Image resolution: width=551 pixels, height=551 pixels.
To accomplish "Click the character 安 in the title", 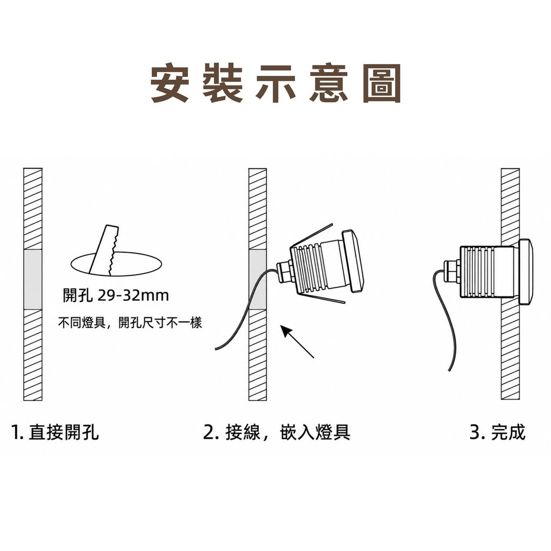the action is pyautogui.click(x=170, y=83).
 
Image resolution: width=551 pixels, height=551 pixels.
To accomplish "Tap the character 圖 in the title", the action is pyautogui.click(x=382, y=83).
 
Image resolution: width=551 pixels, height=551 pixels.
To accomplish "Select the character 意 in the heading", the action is pyautogui.click(x=329, y=83).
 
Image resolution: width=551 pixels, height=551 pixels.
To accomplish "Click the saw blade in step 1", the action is pyautogui.click(x=104, y=250).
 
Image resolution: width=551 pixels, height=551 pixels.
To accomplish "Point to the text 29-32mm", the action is pyautogui.click(x=133, y=295).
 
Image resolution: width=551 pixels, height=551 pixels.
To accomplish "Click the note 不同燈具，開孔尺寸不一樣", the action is pyautogui.click(x=130, y=322).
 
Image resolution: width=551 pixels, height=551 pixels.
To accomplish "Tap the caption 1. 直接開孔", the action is pyautogui.click(x=55, y=432).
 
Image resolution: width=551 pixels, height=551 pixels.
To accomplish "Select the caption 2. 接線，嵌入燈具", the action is pyautogui.click(x=277, y=432).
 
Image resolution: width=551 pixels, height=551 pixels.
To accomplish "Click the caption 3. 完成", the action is pyautogui.click(x=498, y=432).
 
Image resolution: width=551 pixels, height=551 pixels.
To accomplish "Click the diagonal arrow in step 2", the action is pyautogui.click(x=297, y=342).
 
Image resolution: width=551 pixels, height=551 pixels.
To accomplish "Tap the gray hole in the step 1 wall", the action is pyautogui.click(x=33, y=279).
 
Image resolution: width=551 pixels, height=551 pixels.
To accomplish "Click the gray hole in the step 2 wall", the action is pyautogui.click(x=258, y=279).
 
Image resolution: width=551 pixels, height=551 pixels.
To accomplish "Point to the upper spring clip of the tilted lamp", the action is pyautogui.click(x=312, y=235).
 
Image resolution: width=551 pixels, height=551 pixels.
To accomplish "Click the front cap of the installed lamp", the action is pyautogui.click(x=526, y=272).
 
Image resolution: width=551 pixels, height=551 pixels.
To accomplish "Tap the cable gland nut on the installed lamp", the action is pyautogui.click(x=452, y=271).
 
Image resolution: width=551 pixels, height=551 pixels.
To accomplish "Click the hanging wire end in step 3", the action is pyautogui.click(x=449, y=370).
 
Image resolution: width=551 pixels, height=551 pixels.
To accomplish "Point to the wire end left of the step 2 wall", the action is pyautogui.click(x=216, y=349).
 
